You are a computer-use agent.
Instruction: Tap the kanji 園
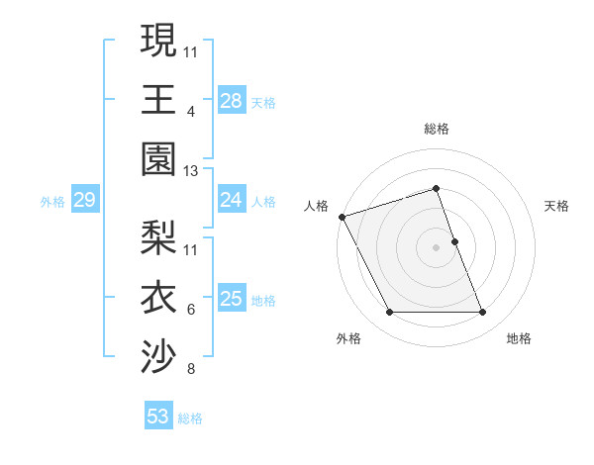(158, 157)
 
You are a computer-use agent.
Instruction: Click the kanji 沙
(158, 354)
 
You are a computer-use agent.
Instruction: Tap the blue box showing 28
(232, 100)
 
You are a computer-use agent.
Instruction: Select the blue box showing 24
(232, 201)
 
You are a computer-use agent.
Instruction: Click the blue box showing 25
(232, 299)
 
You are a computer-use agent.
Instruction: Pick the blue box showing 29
(84, 201)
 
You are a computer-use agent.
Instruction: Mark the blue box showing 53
(158, 417)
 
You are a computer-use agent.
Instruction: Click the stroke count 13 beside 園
(192, 171)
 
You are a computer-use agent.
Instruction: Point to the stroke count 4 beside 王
(191, 112)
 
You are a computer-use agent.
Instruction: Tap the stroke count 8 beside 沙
(191, 370)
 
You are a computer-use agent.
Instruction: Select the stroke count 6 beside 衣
(191, 310)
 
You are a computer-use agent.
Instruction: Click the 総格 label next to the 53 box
(190, 418)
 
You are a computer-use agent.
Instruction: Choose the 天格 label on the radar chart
(557, 206)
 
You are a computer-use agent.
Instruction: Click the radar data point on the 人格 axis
(343, 216)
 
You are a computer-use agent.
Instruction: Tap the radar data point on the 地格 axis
(483, 313)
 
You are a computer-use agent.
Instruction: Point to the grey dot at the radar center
(436, 247)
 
